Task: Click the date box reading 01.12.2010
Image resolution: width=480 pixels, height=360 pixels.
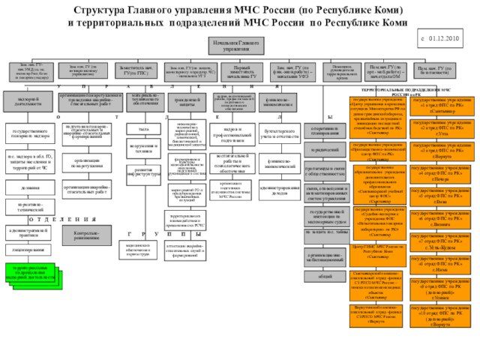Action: click(x=445, y=37)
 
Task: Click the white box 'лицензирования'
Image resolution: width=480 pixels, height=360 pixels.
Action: click(x=29, y=248)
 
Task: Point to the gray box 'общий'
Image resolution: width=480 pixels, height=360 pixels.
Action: click(x=325, y=276)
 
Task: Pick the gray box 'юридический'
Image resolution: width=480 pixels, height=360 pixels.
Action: click(x=325, y=149)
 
